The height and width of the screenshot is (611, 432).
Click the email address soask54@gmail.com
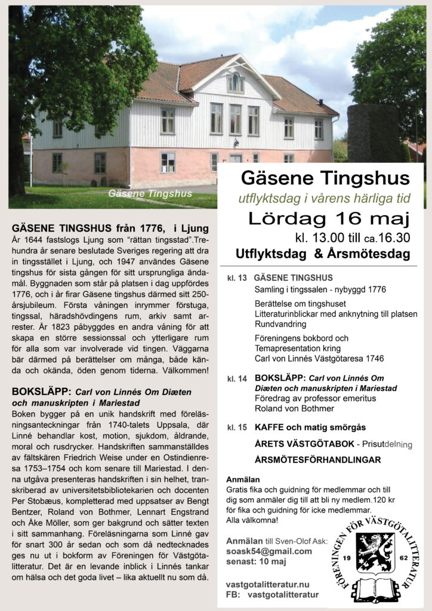tap(269, 551)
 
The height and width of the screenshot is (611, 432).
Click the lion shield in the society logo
tap(375, 553)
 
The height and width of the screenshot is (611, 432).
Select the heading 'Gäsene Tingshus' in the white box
tap(325, 178)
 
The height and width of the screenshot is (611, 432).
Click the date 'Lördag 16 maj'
tap(317, 218)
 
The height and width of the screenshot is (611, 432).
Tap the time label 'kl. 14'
tap(237, 379)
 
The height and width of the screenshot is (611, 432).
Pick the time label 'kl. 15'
tap(237, 428)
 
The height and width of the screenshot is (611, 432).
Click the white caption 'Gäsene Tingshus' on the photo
tap(150, 193)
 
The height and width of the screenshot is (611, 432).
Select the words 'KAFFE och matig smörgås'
tap(310, 428)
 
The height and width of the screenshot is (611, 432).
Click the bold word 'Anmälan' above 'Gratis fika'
tap(243, 479)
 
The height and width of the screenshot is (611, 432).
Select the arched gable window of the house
tap(236, 82)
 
